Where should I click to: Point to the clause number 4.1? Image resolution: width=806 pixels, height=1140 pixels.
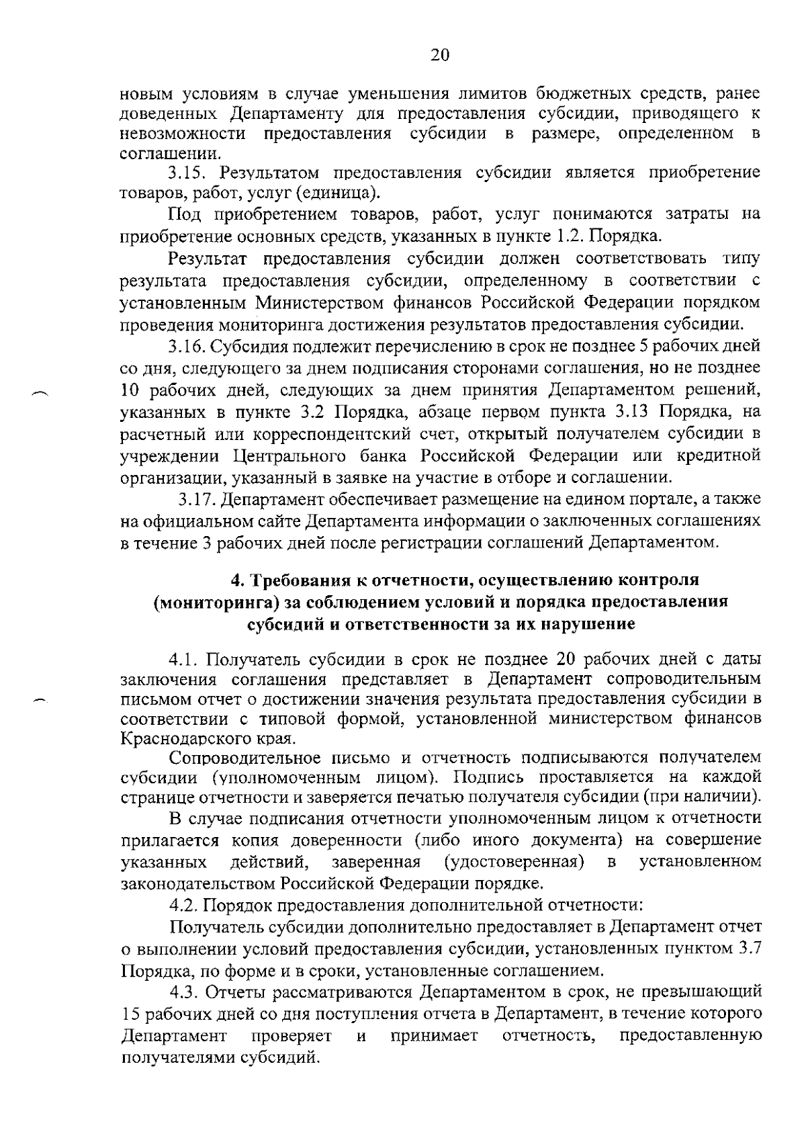185,657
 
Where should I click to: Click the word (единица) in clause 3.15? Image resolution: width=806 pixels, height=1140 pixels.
345,194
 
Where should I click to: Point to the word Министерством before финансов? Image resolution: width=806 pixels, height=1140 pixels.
320,302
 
